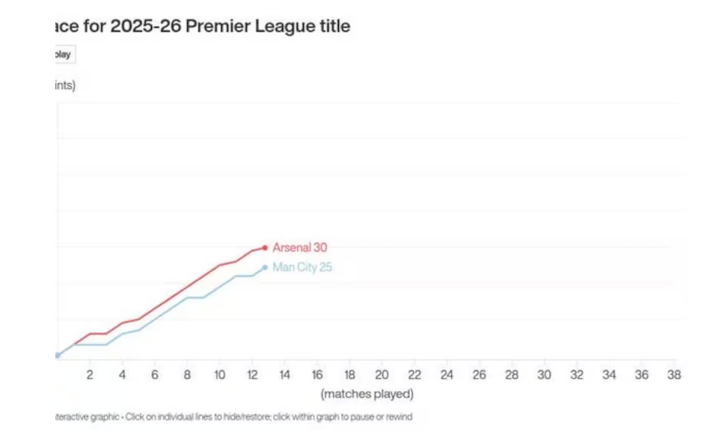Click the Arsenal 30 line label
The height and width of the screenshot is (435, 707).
click(299, 248)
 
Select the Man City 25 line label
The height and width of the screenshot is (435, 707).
click(302, 267)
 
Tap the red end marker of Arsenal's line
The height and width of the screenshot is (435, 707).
click(265, 248)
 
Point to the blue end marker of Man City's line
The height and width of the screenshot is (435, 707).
click(265, 267)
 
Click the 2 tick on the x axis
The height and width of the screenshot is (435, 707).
click(90, 375)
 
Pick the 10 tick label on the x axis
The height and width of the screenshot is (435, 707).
click(219, 375)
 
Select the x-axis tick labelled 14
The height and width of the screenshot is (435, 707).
click(284, 375)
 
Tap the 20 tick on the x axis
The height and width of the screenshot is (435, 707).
click(382, 375)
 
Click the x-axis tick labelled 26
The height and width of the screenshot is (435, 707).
click(479, 375)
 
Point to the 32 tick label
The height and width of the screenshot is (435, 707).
click(577, 375)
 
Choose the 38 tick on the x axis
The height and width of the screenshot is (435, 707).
click(674, 375)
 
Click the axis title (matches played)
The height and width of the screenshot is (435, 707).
click(367, 394)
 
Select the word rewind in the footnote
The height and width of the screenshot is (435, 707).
click(399, 417)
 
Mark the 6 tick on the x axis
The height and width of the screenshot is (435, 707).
click(155, 375)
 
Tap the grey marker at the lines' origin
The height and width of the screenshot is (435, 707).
click(57, 356)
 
